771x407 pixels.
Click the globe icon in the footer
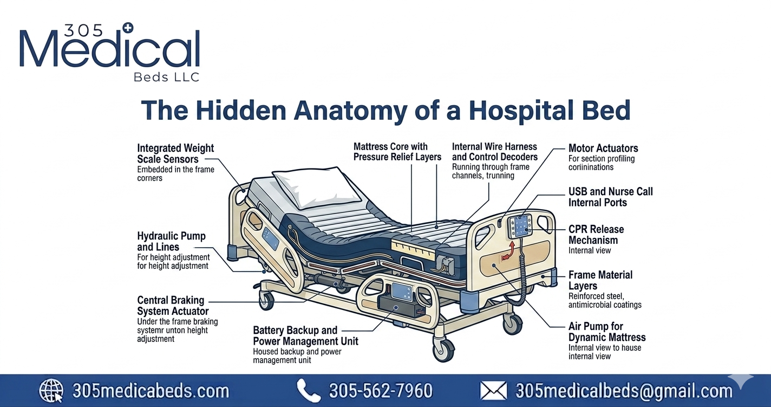(x=51, y=391)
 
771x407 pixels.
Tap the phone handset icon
(x=309, y=391)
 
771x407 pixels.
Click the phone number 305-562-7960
(x=381, y=391)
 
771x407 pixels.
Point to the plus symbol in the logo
(x=128, y=29)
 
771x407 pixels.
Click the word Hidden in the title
(x=241, y=110)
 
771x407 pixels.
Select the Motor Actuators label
(x=603, y=148)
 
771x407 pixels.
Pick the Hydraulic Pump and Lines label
(x=172, y=241)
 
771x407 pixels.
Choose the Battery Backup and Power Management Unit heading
(x=306, y=335)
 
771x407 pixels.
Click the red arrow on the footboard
(x=508, y=250)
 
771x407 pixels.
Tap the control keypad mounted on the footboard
(x=520, y=226)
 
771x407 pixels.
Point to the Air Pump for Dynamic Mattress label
(x=607, y=332)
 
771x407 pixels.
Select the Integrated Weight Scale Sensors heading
(x=175, y=153)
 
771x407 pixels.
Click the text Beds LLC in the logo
(x=167, y=77)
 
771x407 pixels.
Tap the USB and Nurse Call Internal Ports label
(x=611, y=197)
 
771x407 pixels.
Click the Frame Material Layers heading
(x=600, y=280)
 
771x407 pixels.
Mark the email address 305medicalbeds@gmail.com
(x=624, y=391)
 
